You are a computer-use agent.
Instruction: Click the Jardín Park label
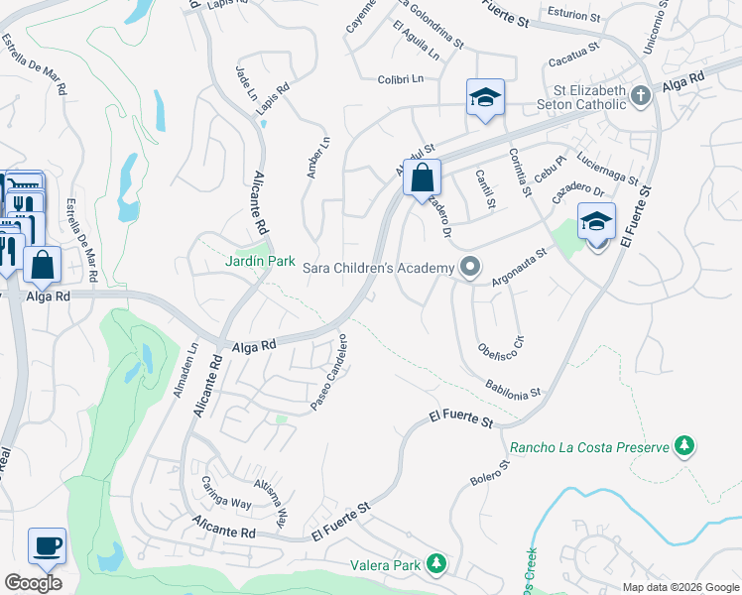pos(259,261)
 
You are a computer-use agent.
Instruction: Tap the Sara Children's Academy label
pos(378,267)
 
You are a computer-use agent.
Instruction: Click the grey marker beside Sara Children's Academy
pos(470,267)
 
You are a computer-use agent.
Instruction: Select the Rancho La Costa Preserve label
pos(589,447)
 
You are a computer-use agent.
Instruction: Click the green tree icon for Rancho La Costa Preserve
pos(683,446)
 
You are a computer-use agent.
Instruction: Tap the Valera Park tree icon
pos(434,564)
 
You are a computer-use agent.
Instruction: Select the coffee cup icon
pos(48,544)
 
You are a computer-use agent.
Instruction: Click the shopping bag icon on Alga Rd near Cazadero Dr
pos(423,178)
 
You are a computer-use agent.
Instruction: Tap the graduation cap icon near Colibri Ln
pos(485,97)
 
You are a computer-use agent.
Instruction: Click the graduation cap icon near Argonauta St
pos(596,221)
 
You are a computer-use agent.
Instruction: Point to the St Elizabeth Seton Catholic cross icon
pos(641,95)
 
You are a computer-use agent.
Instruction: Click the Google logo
pos(33,582)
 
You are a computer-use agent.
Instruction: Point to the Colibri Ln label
pos(400,78)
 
